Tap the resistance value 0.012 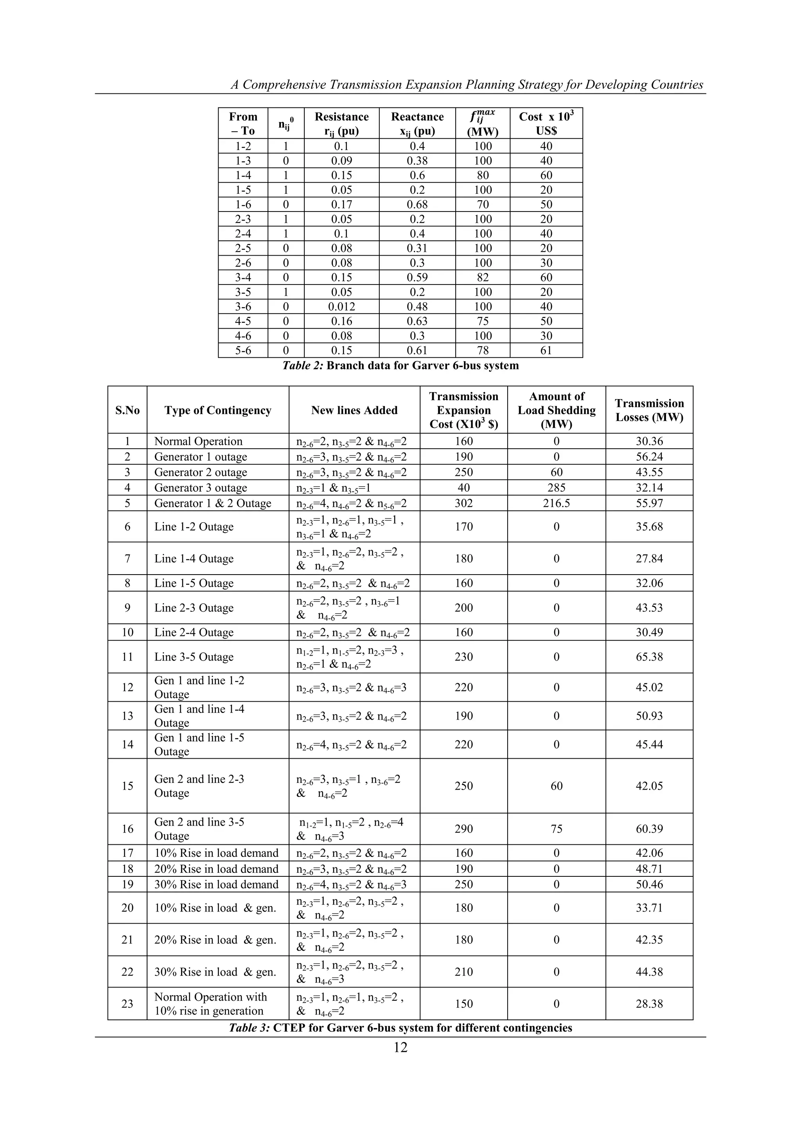pos(341,307)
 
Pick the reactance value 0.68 pos(417,204)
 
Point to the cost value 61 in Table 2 pos(546,351)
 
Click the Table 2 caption pos(400,365)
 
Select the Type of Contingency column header pos(218,410)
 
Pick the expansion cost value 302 pos(463,503)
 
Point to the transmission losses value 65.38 pos(649,657)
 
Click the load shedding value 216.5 pos(557,503)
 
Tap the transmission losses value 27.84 pos(649,559)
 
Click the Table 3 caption pos(400,1028)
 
